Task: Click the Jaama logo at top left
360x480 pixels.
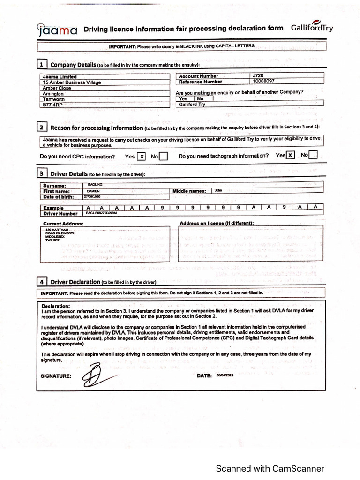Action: click(x=57, y=30)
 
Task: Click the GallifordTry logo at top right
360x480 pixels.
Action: click(x=312, y=27)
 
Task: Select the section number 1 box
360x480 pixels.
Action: click(x=42, y=64)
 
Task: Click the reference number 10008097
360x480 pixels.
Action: click(x=263, y=81)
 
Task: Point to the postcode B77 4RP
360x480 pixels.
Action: click(x=52, y=105)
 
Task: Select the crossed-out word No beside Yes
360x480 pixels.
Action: click(x=200, y=99)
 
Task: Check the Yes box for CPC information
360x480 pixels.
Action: click(x=141, y=157)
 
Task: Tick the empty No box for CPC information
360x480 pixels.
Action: click(x=163, y=157)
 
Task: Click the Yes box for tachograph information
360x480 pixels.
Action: click(x=291, y=155)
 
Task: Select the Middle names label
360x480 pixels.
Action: click(x=189, y=191)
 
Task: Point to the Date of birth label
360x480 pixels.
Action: click(x=59, y=197)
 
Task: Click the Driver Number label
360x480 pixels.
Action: click(x=60, y=213)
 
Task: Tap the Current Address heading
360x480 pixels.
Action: click(x=63, y=224)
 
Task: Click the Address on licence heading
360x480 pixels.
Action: click(x=217, y=223)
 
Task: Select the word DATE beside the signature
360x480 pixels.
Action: click(x=204, y=376)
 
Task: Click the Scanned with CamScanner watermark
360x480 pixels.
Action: click(x=270, y=468)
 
